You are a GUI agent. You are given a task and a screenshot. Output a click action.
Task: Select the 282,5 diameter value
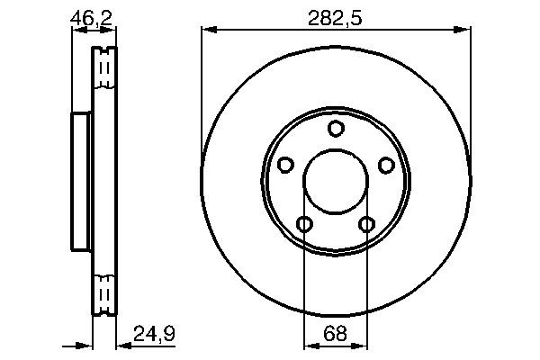pos(335,15)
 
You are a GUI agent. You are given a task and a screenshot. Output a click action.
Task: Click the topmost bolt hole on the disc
pos(336,129)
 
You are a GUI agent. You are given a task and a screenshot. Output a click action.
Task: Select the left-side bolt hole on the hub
pos(286,165)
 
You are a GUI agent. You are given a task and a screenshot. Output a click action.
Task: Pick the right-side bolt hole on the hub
pos(386,165)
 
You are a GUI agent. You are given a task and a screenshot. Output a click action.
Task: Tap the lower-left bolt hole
pos(305,224)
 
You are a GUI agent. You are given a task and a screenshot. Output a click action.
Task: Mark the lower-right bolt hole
pos(366,224)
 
